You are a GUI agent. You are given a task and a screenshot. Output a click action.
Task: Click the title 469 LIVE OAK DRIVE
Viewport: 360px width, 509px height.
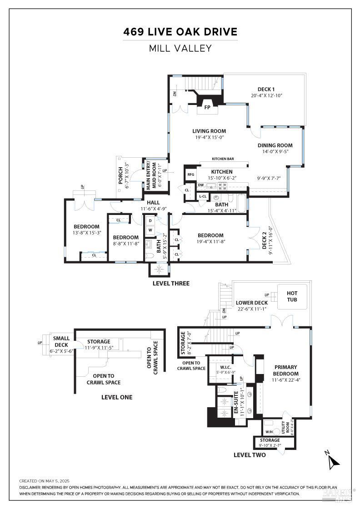pyautogui.click(x=180, y=32)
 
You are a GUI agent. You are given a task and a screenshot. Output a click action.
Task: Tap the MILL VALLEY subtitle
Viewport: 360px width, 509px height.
pyautogui.click(x=180, y=48)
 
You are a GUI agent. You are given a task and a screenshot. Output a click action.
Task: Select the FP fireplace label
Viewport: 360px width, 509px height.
pyautogui.click(x=207, y=108)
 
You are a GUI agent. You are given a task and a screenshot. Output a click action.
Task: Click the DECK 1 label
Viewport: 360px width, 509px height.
pyautogui.click(x=263, y=89)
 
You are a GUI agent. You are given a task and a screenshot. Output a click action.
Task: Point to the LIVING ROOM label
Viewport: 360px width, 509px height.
pyautogui.click(x=209, y=131)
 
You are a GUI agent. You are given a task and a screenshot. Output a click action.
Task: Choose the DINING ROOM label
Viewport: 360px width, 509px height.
pyautogui.click(x=275, y=145)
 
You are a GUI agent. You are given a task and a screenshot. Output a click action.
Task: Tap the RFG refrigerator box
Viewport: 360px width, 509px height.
pyautogui.click(x=190, y=174)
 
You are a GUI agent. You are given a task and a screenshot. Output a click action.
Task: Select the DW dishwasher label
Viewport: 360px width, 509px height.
pyautogui.click(x=200, y=185)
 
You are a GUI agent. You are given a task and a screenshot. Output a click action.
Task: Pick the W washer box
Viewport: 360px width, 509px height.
pyautogui.click(x=150, y=230)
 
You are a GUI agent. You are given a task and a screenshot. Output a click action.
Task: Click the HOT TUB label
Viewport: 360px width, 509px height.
pyautogui.click(x=292, y=297)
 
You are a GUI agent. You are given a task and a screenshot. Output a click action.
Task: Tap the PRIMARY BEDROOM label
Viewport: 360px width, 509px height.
pyautogui.click(x=286, y=370)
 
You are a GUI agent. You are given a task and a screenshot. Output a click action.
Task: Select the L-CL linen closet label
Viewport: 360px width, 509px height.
pyautogui.click(x=203, y=196)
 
